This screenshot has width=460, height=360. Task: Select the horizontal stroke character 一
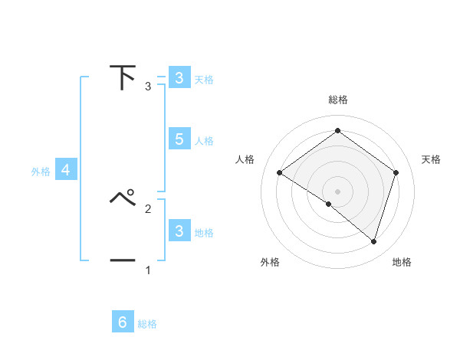[x=123, y=260]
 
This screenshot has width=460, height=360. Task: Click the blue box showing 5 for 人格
[x=179, y=139]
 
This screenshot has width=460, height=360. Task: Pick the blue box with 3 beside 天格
[x=179, y=78]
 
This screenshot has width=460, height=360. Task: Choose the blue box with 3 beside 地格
[x=179, y=231]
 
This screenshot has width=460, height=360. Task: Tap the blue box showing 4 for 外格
[x=66, y=171]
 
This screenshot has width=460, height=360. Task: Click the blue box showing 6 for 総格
[x=123, y=322]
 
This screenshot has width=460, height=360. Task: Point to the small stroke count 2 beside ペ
[x=148, y=208]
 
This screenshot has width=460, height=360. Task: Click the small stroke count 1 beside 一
[x=148, y=270]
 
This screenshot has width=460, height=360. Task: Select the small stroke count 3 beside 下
[x=148, y=87]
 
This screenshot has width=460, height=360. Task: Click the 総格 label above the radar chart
[x=337, y=100]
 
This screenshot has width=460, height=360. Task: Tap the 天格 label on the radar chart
[x=431, y=159]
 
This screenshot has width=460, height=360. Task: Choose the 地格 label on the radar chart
[x=402, y=262]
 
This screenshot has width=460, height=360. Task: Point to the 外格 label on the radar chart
[x=270, y=262]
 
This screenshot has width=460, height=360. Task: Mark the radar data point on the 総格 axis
[x=337, y=131]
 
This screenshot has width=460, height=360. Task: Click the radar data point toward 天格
[x=396, y=172]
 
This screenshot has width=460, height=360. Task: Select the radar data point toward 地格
[x=373, y=241]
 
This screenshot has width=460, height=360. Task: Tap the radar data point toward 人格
[x=279, y=172]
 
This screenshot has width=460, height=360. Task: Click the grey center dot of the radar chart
[x=337, y=191]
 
